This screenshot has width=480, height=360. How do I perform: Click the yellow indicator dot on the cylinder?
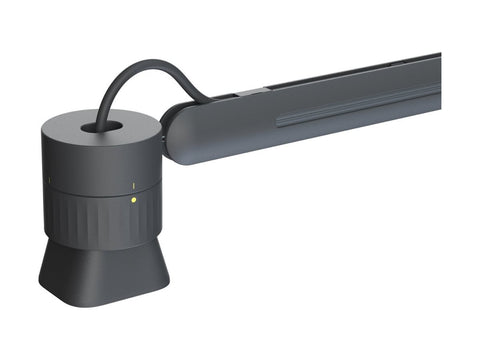point(134,199)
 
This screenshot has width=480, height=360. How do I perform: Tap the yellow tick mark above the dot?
point(134,186)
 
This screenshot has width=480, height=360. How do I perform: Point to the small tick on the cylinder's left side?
point(48,181)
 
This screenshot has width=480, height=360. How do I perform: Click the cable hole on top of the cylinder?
point(103,128)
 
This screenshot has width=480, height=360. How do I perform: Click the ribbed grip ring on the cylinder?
point(100,222)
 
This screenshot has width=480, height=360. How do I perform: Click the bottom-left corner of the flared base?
point(42,282)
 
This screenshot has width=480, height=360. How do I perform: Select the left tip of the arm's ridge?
point(278,123)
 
